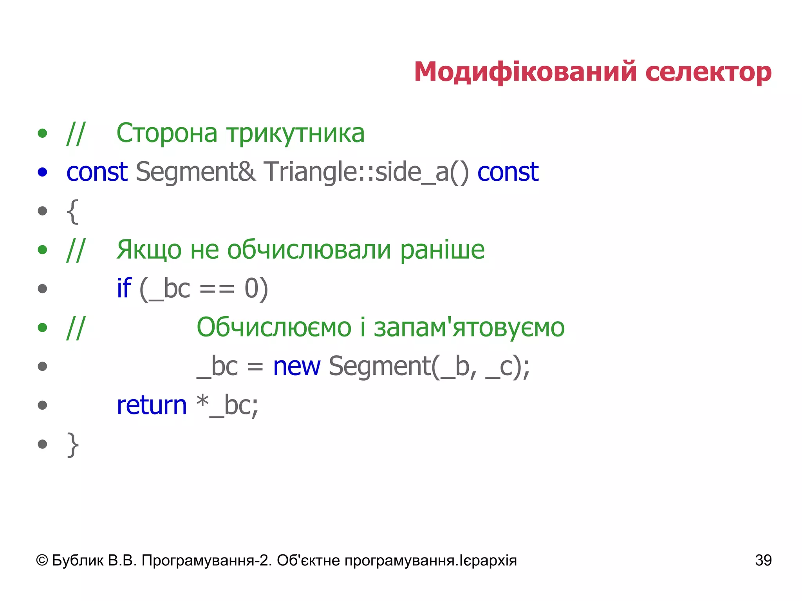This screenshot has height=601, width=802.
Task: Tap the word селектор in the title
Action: click(708, 72)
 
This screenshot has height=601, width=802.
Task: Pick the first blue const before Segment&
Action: click(97, 172)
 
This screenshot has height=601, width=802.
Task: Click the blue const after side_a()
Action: click(508, 172)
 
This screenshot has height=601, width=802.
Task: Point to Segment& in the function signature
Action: click(196, 172)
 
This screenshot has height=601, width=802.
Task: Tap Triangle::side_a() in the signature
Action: click(366, 172)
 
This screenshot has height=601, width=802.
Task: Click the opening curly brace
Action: click(73, 212)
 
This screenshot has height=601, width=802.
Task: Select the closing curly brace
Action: click(73, 444)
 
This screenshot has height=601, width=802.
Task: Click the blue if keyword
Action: click(124, 288)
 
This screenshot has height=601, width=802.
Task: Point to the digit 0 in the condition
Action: click(251, 289)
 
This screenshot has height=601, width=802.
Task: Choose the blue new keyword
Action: click(296, 366)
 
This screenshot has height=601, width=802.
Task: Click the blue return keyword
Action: click(152, 405)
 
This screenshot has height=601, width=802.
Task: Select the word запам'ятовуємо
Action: click(469, 327)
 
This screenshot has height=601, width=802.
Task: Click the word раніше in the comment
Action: click(442, 250)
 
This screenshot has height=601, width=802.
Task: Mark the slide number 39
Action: click(763, 560)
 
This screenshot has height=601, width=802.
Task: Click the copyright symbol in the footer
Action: click(42, 560)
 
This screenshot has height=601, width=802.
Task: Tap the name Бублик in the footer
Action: click(78, 560)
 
